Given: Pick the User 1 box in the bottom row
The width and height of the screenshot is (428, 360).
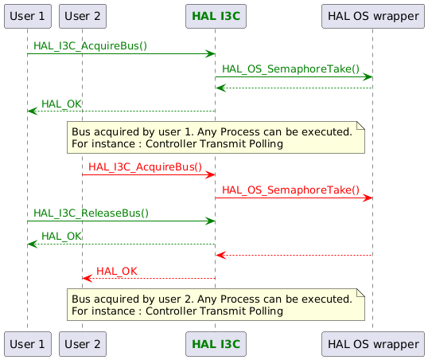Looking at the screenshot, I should click(27, 344).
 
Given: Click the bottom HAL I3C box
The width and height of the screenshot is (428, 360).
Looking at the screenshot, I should click(214, 344).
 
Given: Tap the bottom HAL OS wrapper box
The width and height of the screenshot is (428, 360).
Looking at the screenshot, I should click(372, 344).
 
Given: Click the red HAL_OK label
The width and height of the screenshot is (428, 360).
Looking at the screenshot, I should click(116, 272).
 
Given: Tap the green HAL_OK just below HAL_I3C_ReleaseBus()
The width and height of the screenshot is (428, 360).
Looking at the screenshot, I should click(61, 237).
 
